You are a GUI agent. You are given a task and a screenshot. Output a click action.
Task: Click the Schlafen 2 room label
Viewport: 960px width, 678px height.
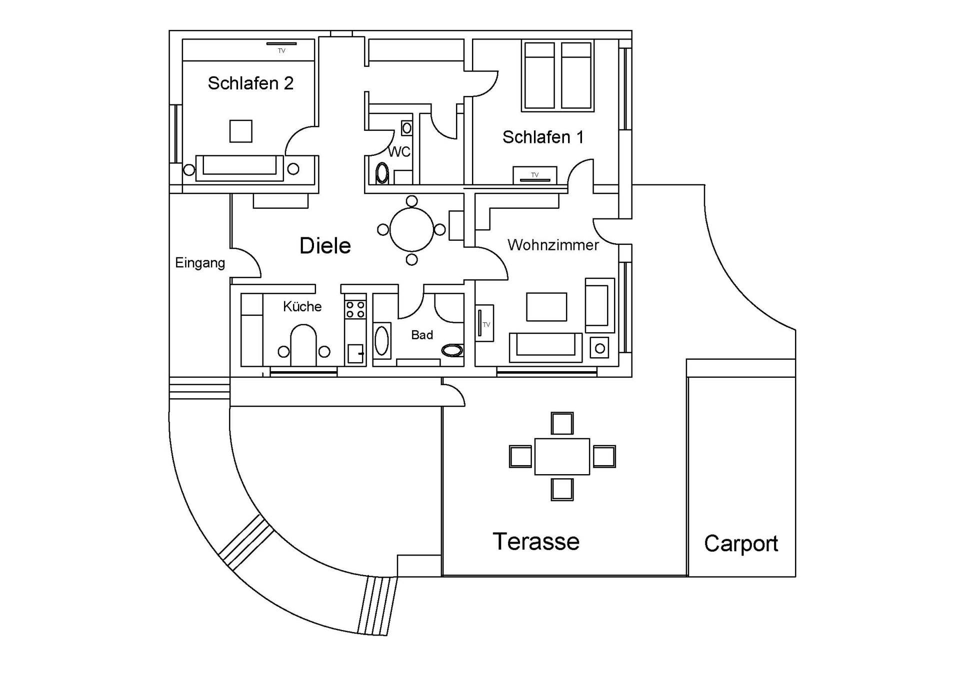click(250, 83)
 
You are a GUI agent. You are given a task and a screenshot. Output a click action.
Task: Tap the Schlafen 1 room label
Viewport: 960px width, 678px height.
click(543, 137)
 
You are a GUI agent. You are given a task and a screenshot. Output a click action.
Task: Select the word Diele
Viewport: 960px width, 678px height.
click(325, 246)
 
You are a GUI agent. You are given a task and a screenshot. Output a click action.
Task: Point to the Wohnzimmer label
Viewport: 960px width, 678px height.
click(553, 245)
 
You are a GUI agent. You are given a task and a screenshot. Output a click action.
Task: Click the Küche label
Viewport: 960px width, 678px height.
click(302, 306)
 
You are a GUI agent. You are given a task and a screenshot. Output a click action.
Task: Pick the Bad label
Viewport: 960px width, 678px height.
click(422, 335)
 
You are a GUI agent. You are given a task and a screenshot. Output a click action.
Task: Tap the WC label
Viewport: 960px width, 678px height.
click(399, 151)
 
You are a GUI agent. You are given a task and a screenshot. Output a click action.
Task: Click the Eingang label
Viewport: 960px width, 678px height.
click(200, 263)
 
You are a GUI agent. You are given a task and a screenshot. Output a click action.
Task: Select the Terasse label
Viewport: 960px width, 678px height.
click(536, 542)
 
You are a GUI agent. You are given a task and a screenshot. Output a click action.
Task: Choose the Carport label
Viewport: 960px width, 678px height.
click(741, 544)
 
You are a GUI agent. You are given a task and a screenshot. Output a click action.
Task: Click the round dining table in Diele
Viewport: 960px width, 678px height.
click(411, 230)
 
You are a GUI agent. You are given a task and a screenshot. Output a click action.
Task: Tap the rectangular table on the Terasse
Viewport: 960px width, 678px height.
click(562, 456)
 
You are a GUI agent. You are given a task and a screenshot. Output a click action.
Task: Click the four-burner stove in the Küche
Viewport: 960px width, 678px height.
click(355, 309)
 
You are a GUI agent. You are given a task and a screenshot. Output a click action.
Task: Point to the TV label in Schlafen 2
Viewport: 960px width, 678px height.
click(281, 50)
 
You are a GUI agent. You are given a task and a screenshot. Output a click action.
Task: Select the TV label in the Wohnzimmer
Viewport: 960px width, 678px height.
click(486, 325)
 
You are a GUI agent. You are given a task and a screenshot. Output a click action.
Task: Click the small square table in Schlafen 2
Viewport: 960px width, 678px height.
click(240, 131)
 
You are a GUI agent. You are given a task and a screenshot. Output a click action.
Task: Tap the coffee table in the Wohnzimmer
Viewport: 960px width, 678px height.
click(546, 307)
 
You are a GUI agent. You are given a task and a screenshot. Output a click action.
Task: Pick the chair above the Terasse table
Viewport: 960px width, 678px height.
click(562, 424)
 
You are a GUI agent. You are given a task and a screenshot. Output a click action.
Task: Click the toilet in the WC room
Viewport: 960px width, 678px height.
click(382, 173)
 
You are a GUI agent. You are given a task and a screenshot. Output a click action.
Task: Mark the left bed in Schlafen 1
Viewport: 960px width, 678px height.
click(538, 75)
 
